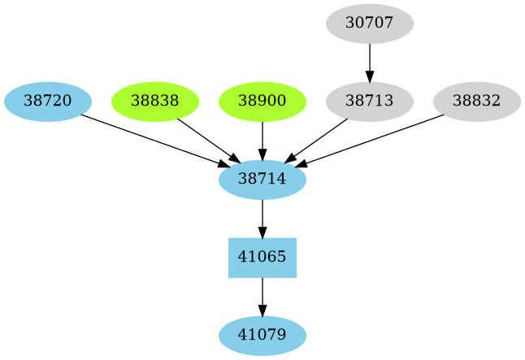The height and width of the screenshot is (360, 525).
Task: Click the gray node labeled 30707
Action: pyautogui.click(x=370, y=24)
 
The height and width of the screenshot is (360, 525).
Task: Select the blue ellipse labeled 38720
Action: pyautogui.click(x=47, y=102)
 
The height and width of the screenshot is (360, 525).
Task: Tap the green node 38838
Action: pyautogui.click(x=154, y=102)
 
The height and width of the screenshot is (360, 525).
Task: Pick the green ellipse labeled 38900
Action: pyautogui.click(x=262, y=102)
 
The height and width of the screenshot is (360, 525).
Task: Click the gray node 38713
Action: pyautogui.click(x=370, y=102)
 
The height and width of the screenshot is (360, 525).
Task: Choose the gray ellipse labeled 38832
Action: pyautogui.click(x=476, y=102)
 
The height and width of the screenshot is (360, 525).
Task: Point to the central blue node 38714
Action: pyautogui.click(x=262, y=180)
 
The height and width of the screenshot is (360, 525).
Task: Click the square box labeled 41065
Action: pyautogui.click(x=262, y=258)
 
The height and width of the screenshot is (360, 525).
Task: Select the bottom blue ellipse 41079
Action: pyautogui.click(x=262, y=336)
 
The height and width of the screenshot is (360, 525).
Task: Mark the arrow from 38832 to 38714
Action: pyautogui.click(x=372, y=141)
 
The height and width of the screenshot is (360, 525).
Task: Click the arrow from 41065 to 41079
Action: pyautogui.click(x=262, y=294)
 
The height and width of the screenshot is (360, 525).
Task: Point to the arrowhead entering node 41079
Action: pyautogui.click(x=262, y=310)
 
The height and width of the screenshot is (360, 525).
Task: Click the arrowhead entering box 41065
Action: pyautogui.click(x=262, y=232)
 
